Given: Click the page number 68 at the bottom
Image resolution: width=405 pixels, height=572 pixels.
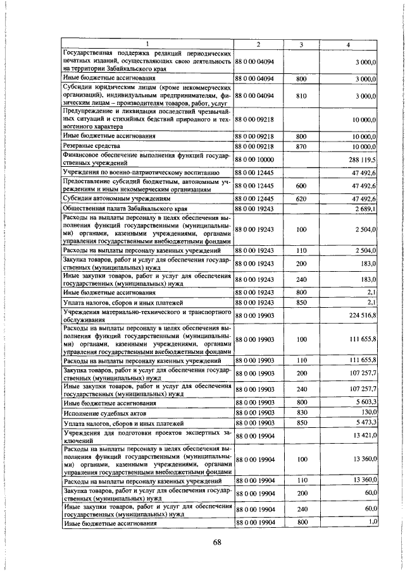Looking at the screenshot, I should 217,542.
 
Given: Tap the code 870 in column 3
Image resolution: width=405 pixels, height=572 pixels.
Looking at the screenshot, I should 301,146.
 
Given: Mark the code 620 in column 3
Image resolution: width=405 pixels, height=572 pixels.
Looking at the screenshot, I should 301,198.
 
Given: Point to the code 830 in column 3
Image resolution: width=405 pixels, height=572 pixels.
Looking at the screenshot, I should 301,412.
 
